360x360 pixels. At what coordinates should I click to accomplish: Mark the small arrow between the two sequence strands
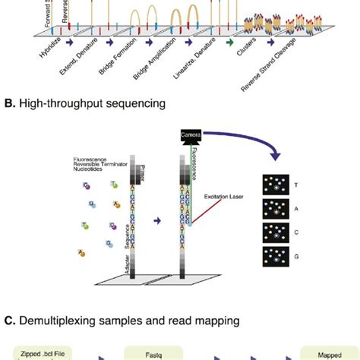click(157, 221)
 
